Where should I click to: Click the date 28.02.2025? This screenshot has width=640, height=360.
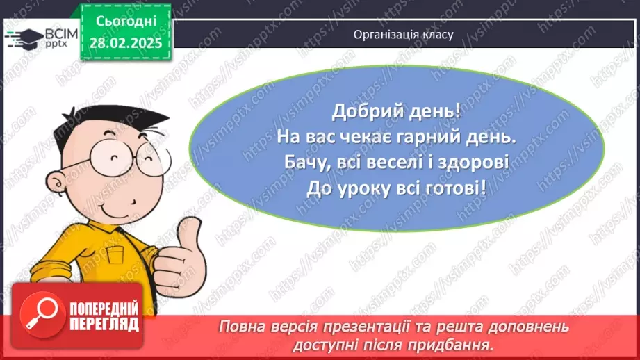point(126,43)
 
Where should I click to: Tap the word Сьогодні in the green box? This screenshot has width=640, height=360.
point(126,22)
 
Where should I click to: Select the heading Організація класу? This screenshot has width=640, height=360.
point(403,35)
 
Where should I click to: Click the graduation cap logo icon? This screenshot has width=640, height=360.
point(24,39)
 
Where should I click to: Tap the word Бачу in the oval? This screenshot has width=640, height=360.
point(306,163)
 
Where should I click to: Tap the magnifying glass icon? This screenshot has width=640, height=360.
point(42,314)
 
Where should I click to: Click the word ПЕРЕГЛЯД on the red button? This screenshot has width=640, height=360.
point(104,325)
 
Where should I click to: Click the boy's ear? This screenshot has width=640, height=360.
point(56,183)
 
